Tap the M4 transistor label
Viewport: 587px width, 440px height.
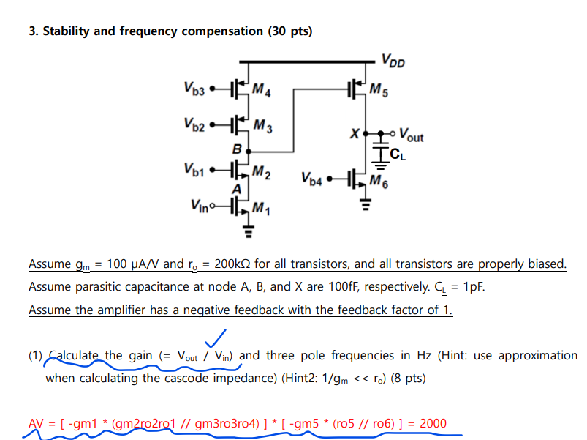pyautogui.click(x=260, y=92)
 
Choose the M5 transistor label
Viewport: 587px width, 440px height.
pyautogui.click(x=379, y=92)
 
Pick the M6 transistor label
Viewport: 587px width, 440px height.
pyautogui.click(x=380, y=181)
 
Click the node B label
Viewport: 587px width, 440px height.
pyautogui.click(x=235, y=149)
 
